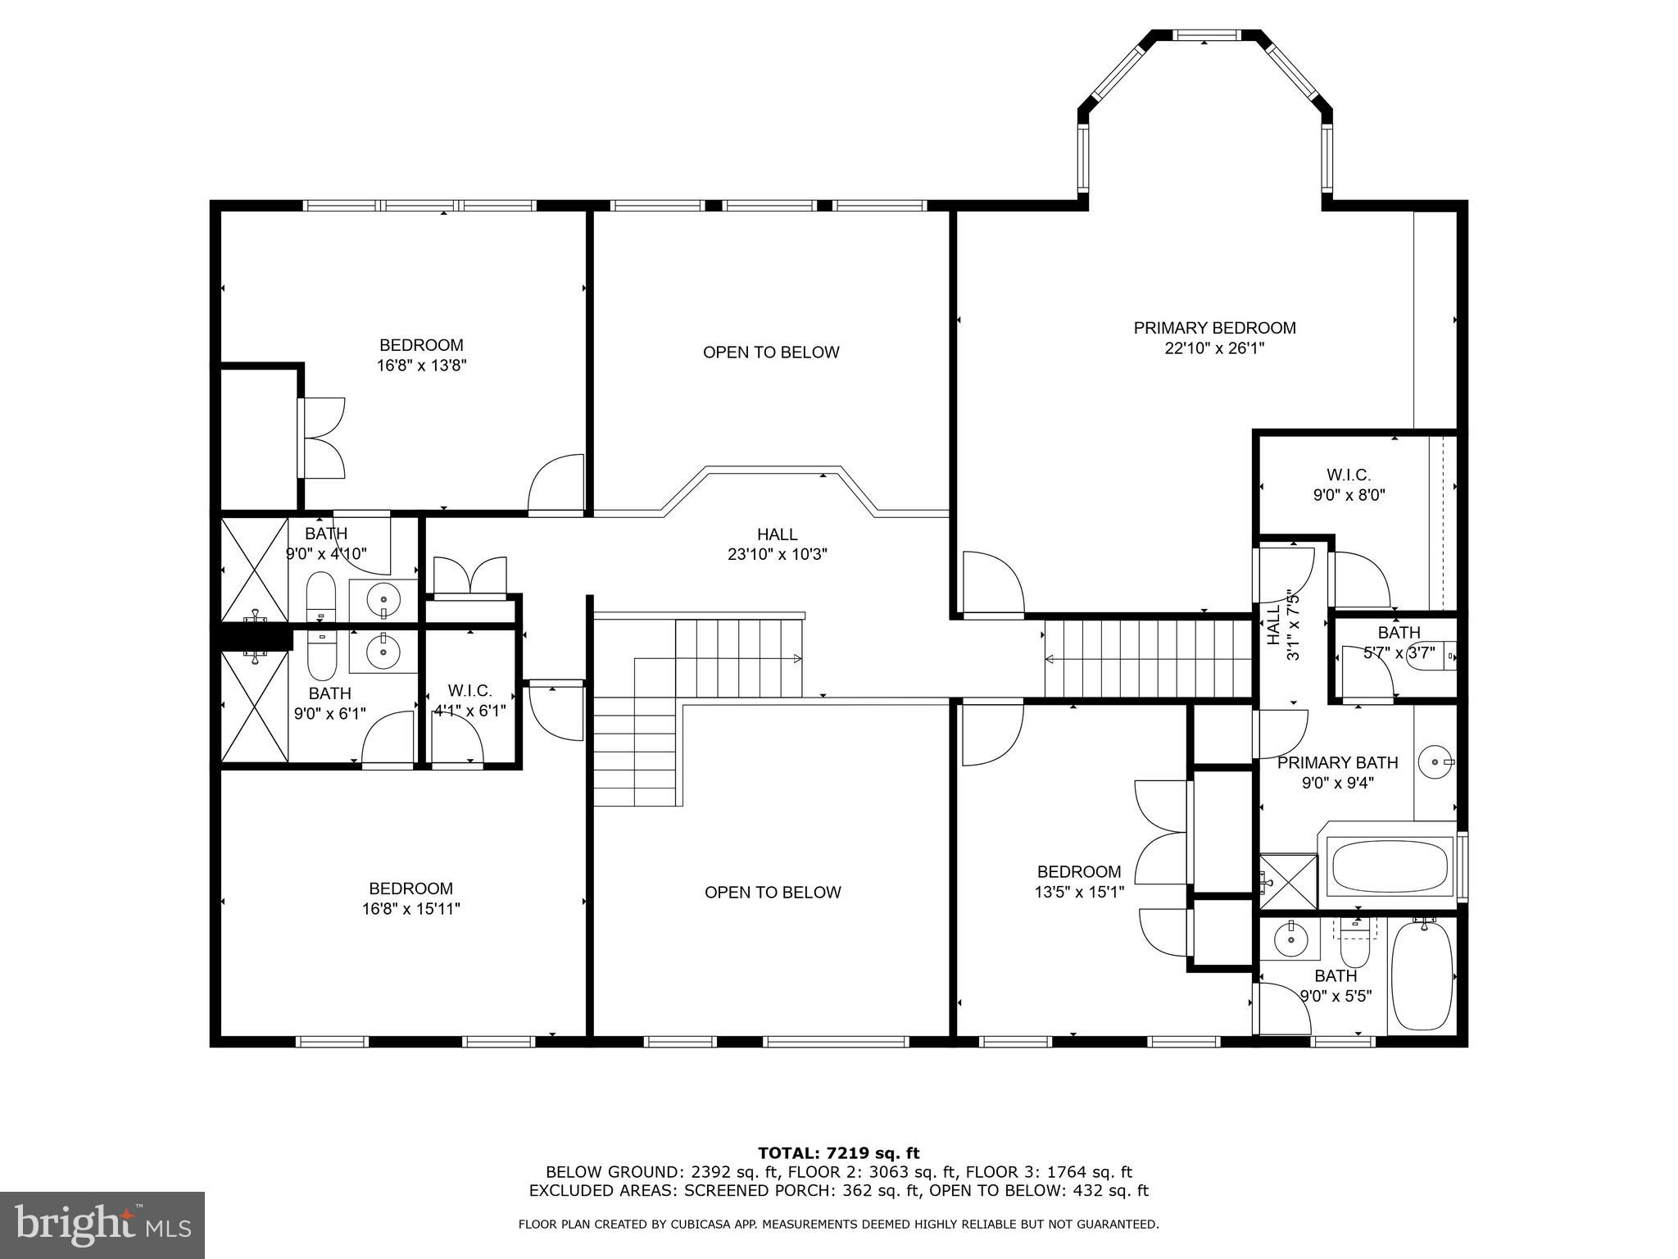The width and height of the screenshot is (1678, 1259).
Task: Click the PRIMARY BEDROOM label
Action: click(x=1214, y=328)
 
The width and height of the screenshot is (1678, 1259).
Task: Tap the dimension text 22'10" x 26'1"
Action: click(x=1214, y=348)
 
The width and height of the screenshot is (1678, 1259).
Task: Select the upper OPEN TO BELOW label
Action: click(x=771, y=352)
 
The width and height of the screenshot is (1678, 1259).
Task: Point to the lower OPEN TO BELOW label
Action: click(x=773, y=893)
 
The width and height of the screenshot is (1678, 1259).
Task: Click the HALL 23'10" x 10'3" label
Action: click(x=778, y=544)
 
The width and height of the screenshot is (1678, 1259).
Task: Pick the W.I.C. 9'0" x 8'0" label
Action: click(x=1349, y=484)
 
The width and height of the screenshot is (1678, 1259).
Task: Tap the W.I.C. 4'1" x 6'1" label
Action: click(x=469, y=701)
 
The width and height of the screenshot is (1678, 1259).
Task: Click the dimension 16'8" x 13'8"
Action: click(x=421, y=366)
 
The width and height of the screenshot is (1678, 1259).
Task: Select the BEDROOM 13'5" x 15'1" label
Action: click(x=1079, y=881)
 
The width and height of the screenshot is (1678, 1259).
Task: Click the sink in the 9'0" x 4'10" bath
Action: click(x=383, y=602)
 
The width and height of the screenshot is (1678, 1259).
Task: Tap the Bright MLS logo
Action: click(x=102, y=1225)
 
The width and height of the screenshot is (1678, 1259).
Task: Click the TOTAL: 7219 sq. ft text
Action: click(x=838, y=1153)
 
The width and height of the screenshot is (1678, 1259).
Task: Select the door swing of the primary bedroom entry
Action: click(x=993, y=584)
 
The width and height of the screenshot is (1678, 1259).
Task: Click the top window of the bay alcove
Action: click(x=1204, y=35)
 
